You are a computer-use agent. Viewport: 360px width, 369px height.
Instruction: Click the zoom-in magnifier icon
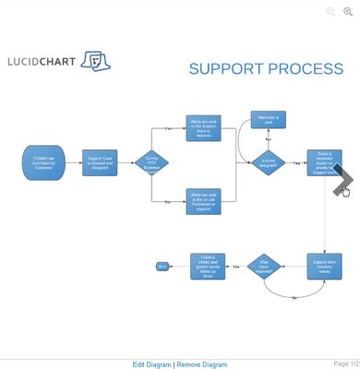pos(348,12)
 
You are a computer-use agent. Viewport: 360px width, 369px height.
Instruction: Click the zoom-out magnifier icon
pos(330,12)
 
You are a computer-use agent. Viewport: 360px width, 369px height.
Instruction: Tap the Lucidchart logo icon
pos(95,61)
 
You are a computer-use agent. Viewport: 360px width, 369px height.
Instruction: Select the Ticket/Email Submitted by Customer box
pos(43,163)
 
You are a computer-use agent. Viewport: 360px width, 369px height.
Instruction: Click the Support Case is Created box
pos(100,163)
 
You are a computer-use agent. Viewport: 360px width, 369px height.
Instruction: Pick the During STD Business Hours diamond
pos(152,163)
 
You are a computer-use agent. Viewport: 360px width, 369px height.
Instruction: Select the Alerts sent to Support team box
pos(203,128)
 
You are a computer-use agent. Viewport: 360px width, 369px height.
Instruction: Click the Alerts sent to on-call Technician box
pos(203,200)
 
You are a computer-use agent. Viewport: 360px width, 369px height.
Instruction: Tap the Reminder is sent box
pos(269,121)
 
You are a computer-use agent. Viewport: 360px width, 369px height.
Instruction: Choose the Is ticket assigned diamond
pos(269,163)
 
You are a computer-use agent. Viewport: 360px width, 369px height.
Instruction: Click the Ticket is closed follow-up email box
pos(207,267)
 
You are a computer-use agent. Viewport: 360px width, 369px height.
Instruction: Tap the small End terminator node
pos(162,267)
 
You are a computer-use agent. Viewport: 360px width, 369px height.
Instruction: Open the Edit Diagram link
pos(151,364)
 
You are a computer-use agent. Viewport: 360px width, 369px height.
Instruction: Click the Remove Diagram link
pos(201,364)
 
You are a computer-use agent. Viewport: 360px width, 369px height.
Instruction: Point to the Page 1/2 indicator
pos(346,363)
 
